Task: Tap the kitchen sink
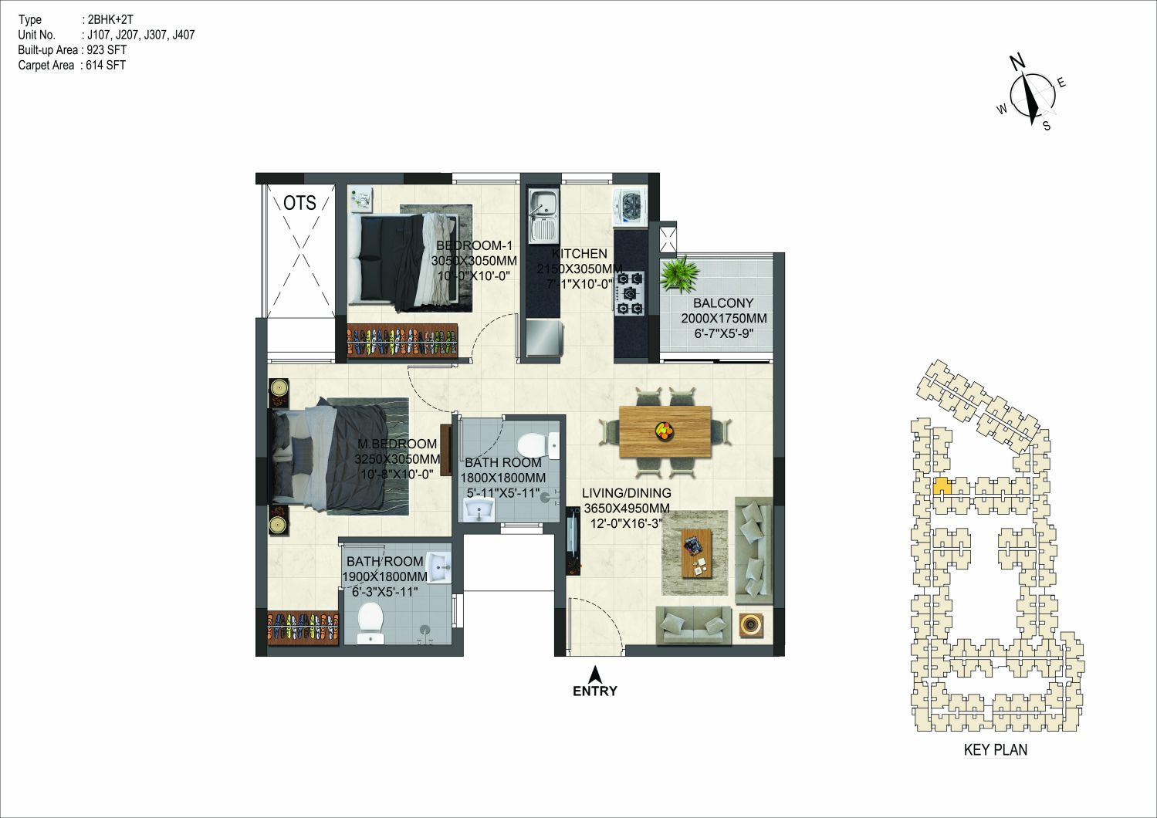pyautogui.click(x=543, y=216)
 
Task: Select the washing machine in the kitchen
pyautogui.click(x=630, y=207)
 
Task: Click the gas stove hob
pyautogui.click(x=630, y=293)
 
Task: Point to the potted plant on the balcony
pyautogui.click(x=678, y=274)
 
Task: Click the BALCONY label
pyautogui.click(x=723, y=303)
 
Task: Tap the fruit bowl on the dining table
pyautogui.click(x=664, y=430)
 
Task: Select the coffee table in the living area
pyautogui.click(x=696, y=553)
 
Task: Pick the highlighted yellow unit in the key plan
pyautogui.click(x=942, y=486)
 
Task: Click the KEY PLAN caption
pyautogui.click(x=996, y=749)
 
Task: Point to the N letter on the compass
pyautogui.click(x=1017, y=76)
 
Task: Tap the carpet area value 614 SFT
pyautogui.click(x=106, y=65)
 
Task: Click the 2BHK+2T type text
pyautogui.click(x=110, y=19)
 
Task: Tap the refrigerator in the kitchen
pyautogui.click(x=544, y=338)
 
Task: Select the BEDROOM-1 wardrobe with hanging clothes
pyautogui.click(x=402, y=340)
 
